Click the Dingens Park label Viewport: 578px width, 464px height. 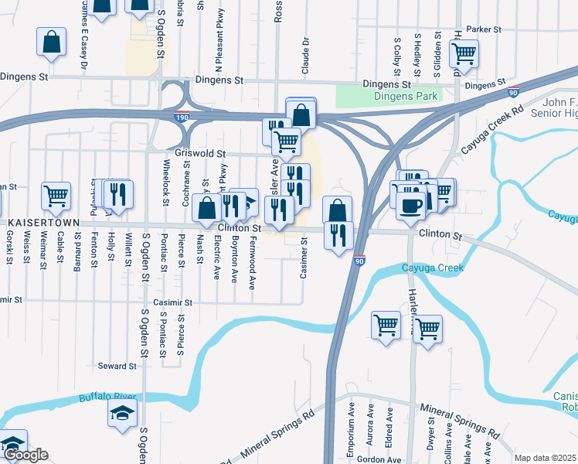point(406,97)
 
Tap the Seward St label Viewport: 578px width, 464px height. point(117,366)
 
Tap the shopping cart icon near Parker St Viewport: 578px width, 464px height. point(464,53)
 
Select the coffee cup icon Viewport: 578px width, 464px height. point(410,203)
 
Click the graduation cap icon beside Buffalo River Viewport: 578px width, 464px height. point(122,413)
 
